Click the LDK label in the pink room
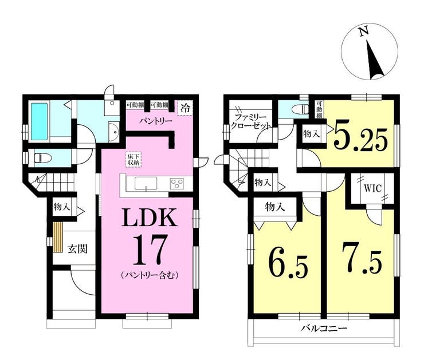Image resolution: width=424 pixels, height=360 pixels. tap(150, 217)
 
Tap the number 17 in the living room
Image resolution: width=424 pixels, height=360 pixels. tap(149, 250)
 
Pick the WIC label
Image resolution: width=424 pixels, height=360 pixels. tap(372, 188)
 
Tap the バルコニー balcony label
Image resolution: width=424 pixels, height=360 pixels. tap(324, 329)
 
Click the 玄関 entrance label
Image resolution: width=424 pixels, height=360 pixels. tap(77, 249)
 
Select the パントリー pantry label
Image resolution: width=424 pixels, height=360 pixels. tap(156, 121)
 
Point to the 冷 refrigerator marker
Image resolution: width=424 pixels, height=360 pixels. tap(186, 108)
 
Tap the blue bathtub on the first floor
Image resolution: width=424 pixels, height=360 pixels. tap(40, 121)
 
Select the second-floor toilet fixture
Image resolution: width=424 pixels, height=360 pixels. tap(300, 109)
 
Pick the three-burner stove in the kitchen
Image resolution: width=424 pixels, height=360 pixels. tap(177, 183)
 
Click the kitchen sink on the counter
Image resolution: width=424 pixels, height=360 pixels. tap(146, 184)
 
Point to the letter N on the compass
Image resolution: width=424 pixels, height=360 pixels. tap(364, 31)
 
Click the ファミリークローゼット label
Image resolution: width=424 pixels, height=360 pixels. tap(250, 121)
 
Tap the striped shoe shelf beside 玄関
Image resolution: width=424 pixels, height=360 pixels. tap(58, 238)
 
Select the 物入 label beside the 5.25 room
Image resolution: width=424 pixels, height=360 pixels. tap(312, 133)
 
